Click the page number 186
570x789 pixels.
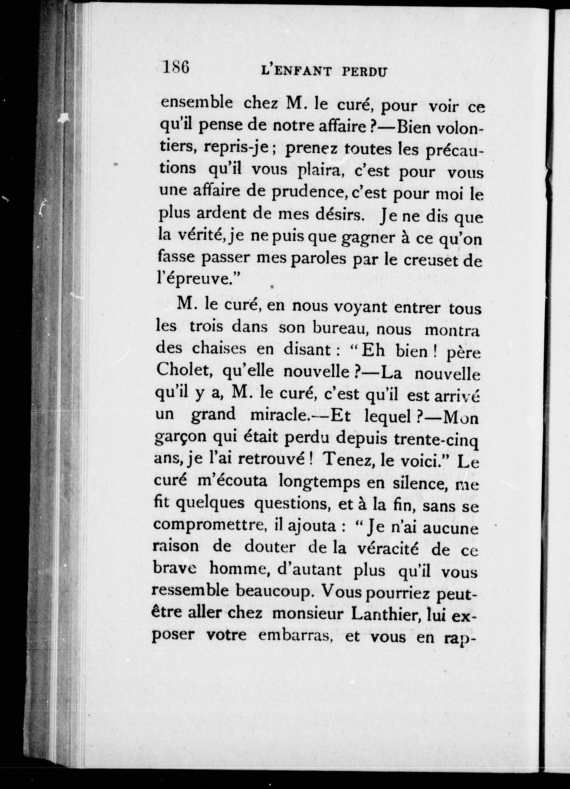pyautogui.click(x=176, y=67)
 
